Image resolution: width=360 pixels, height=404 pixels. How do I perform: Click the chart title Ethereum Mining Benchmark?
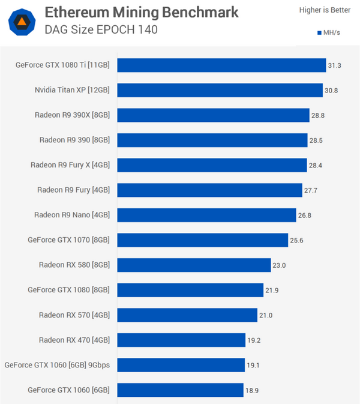[x=141, y=12]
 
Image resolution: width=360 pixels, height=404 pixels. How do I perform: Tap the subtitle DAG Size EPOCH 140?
[x=101, y=29]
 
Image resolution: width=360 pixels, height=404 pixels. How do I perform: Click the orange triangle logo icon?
[x=22, y=22]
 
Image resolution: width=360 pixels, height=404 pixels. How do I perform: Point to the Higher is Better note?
[x=325, y=10]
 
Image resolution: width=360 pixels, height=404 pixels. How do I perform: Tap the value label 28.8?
[x=318, y=115]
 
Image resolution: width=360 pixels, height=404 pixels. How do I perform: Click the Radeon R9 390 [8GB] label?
[x=74, y=140]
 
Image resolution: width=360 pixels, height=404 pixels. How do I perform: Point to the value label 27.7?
[x=311, y=190]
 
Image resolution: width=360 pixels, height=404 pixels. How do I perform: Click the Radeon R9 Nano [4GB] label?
[x=71, y=215]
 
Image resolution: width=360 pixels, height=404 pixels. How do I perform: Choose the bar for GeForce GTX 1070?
[x=203, y=240]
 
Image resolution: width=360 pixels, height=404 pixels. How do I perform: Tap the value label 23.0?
[x=280, y=265]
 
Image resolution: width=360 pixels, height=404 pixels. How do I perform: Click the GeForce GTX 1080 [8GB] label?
[x=68, y=290]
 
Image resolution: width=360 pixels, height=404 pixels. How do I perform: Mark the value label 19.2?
[x=254, y=340]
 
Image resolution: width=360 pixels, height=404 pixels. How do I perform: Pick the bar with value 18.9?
[x=181, y=390]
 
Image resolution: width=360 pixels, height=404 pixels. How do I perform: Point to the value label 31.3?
[x=334, y=65]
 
